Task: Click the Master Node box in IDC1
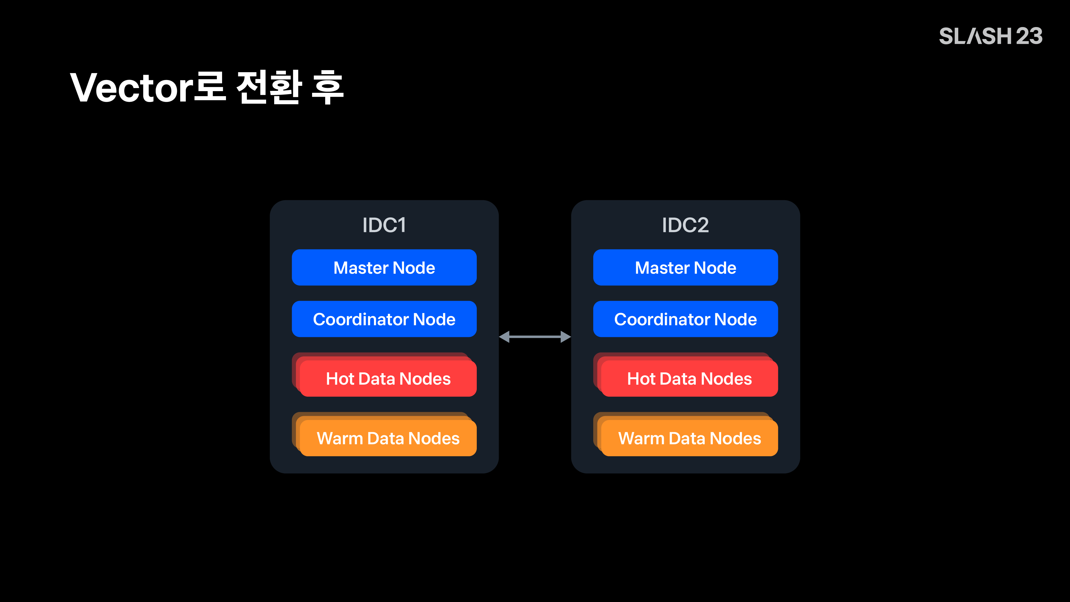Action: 384,268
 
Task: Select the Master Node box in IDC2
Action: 685,268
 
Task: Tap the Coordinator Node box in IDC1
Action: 384,319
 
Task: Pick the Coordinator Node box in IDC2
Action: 685,319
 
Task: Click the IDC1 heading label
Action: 384,225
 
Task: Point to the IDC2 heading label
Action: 685,225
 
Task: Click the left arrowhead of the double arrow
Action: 504,336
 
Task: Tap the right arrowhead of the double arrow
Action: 566,336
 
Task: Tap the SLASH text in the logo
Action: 975,36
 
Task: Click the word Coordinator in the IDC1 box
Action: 361,319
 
